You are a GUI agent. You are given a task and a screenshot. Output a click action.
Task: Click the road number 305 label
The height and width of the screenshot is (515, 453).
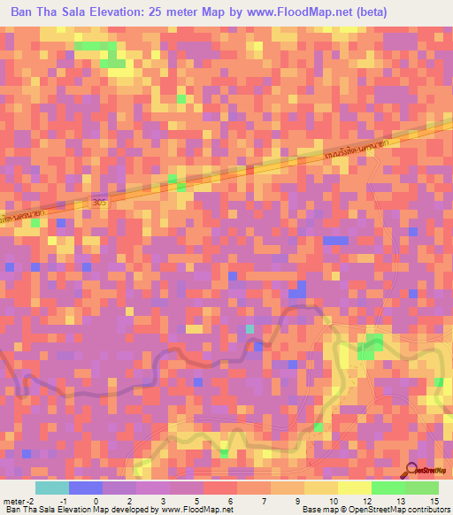(x=100, y=204)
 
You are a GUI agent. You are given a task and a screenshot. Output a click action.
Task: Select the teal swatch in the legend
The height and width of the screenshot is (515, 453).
(x=51, y=488)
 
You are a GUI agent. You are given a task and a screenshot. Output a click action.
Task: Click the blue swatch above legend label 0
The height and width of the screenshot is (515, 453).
(x=85, y=488)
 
